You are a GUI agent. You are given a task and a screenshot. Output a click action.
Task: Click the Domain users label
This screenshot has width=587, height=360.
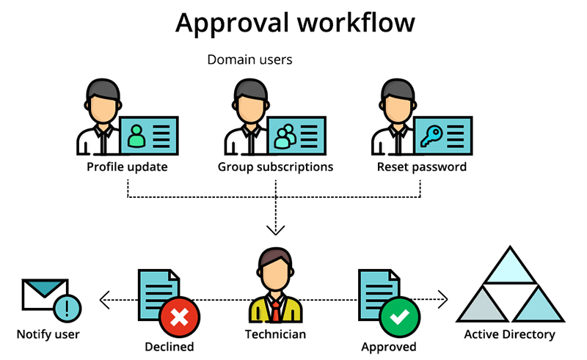point(249,59)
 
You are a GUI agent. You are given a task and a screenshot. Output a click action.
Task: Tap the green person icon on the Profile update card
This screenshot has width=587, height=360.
point(136,135)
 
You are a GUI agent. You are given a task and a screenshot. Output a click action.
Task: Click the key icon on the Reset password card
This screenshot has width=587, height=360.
point(430,135)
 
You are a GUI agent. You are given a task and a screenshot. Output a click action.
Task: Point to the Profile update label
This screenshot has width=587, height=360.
point(127,166)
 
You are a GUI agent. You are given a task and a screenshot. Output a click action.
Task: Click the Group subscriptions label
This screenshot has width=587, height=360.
point(275,166)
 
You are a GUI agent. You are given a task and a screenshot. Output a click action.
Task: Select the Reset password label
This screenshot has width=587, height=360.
point(421,166)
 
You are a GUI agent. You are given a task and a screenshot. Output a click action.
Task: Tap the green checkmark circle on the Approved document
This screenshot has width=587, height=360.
point(400,317)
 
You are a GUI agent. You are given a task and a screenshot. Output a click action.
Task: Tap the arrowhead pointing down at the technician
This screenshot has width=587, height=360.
point(275,230)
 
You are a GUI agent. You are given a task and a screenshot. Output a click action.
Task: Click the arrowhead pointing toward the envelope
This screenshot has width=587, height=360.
point(103,299)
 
